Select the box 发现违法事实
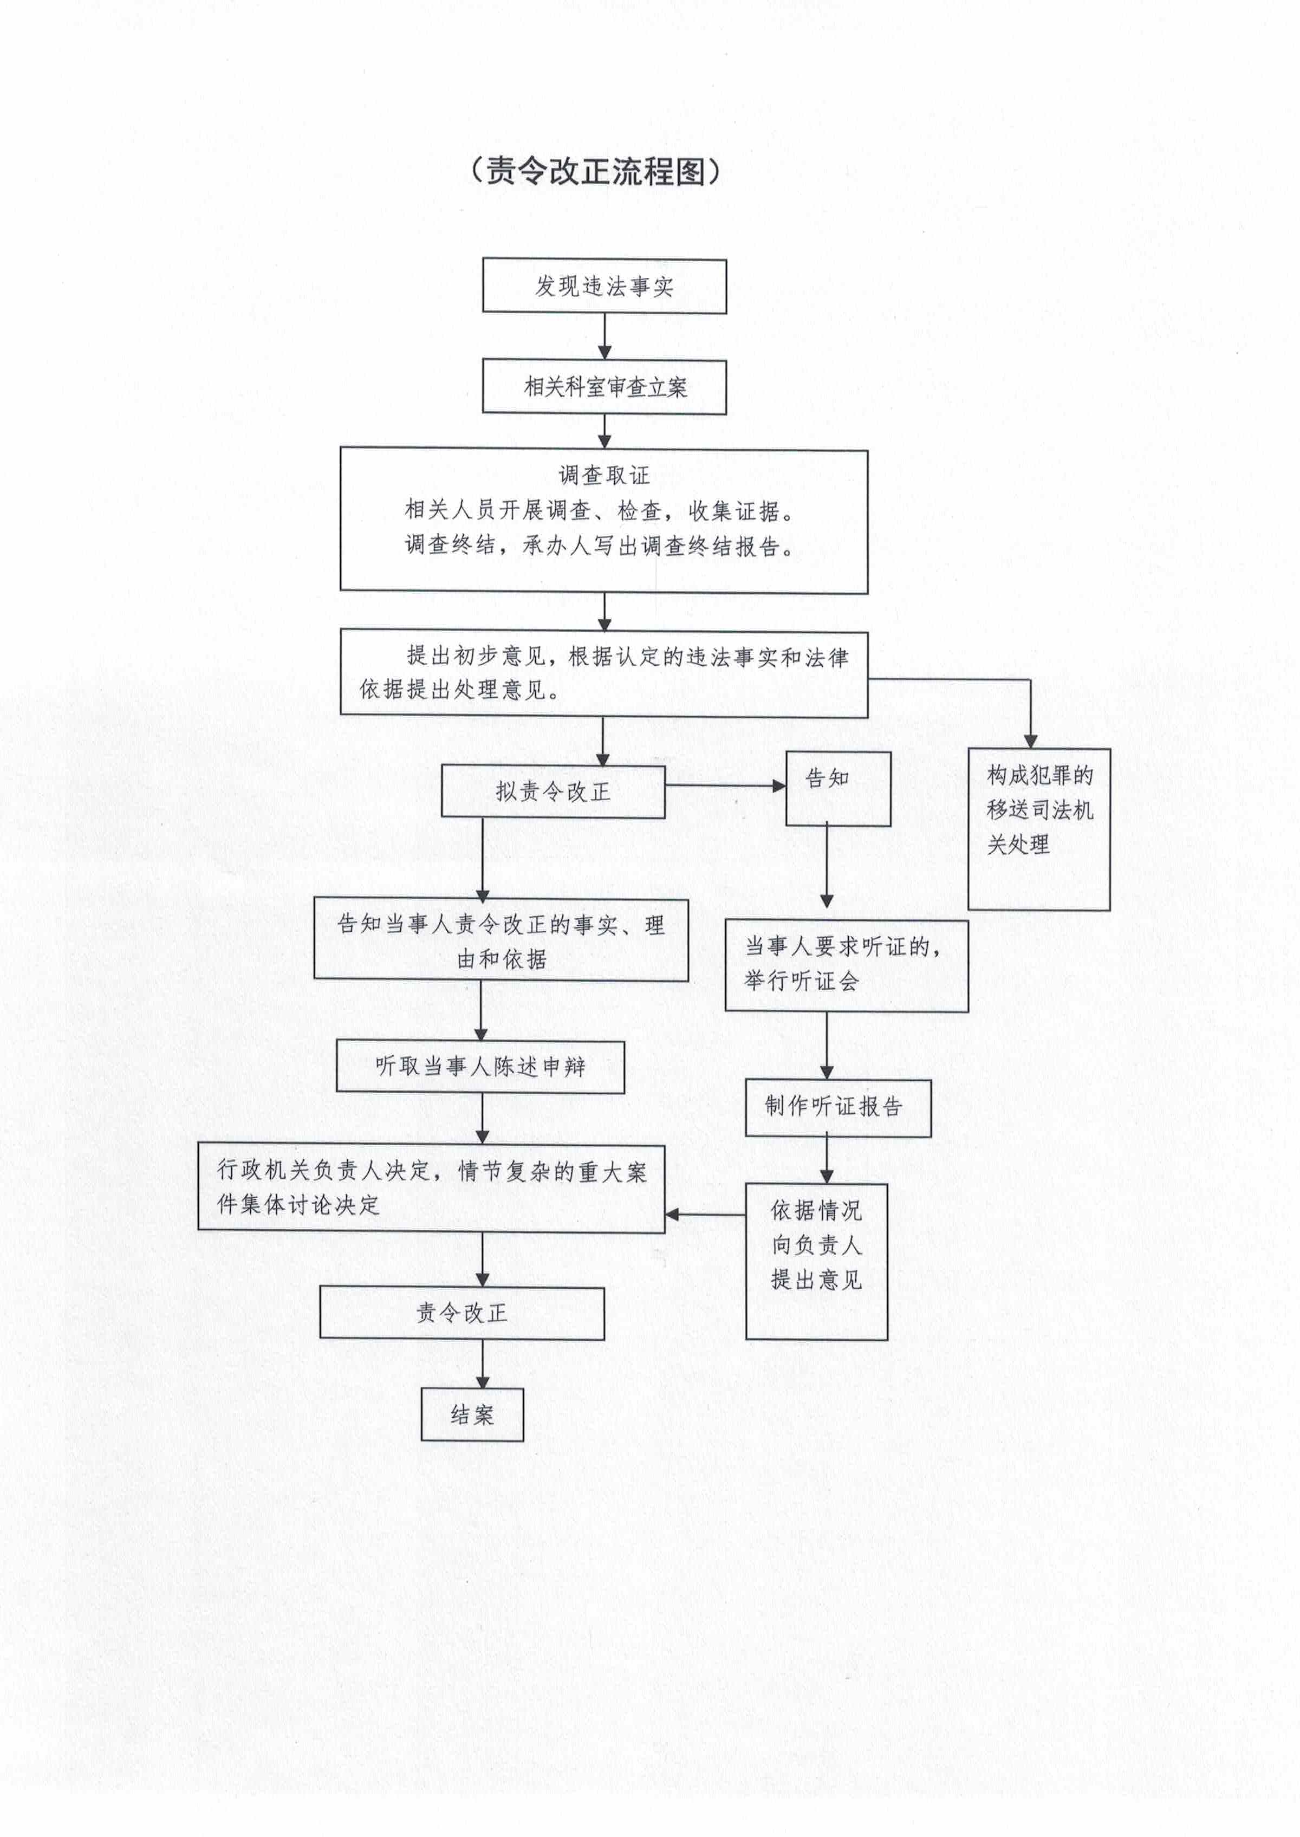(x=604, y=285)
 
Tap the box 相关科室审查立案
(x=604, y=387)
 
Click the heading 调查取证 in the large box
(x=604, y=476)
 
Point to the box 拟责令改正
(x=553, y=791)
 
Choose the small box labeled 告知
(x=838, y=788)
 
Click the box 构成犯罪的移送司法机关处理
(x=1039, y=829)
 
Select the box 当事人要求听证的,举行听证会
(x=847, y=965)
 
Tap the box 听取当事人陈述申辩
(x=480, y=1066)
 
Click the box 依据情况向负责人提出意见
(x=816, y=1262)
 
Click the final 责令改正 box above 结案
(x=462, y=1313)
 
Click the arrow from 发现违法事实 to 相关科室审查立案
(x=604, y=337)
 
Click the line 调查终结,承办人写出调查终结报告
(x=600, y=546)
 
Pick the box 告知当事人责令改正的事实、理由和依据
(x=501, y=940)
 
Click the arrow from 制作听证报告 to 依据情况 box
(x=827, y=1160)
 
